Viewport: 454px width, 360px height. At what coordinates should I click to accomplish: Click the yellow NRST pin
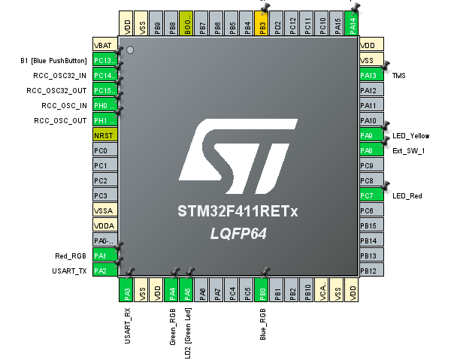click(x=104, y=135)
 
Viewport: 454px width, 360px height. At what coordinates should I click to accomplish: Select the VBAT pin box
click(x=104, y=45)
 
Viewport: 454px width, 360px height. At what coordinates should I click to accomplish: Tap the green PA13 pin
click(x=368, y=75)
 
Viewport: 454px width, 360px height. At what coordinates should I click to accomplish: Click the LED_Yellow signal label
click(x=411, y=136)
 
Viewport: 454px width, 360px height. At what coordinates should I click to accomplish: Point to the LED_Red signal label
click(x=407, y=196)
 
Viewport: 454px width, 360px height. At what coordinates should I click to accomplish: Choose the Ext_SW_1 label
click(x=409, y=151)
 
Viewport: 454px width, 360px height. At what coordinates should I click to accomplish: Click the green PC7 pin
click(x=368, y=195)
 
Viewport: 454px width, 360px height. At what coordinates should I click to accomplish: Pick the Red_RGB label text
click(x=71, y=256)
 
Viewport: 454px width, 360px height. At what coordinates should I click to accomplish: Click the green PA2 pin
click(x=104, y=271)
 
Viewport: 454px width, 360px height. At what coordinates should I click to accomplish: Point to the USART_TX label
click(x=69, y=271)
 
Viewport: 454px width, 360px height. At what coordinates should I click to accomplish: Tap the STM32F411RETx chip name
click(x=238, y=212)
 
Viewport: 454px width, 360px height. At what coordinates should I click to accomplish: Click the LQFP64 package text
click(x=238, y=234)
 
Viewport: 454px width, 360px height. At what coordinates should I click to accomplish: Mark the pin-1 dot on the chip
click(x=130, y=50)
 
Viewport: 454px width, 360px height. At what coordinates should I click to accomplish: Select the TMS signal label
click(x=400, y=76)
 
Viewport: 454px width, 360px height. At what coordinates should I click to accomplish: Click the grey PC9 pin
click(x=368, y=165)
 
